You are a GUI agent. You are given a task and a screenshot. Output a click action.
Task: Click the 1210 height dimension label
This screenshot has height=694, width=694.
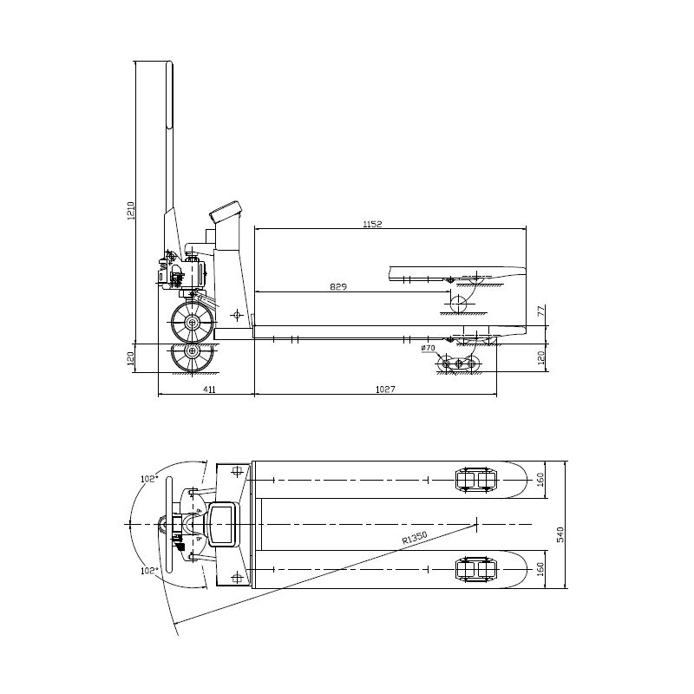[131, 211]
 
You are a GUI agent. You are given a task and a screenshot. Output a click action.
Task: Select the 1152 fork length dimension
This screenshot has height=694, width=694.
[372, 225]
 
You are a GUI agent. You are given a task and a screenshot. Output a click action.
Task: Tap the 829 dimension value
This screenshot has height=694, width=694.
[338, 287]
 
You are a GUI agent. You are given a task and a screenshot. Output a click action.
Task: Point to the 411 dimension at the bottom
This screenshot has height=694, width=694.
[209, 390]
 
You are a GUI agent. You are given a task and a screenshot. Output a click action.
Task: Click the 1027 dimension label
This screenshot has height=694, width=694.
[385, 390]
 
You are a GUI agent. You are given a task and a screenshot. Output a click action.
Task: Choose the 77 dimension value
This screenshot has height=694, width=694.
[540, 311]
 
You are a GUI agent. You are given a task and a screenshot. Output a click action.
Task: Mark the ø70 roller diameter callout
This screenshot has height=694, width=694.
[429, 349]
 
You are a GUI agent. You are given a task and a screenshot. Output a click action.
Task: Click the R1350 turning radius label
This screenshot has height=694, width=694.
[415, 537]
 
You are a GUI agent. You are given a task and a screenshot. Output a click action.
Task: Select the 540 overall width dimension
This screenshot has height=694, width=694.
[560, 534]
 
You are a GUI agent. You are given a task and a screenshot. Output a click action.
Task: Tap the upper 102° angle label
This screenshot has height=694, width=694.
[149, 479]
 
